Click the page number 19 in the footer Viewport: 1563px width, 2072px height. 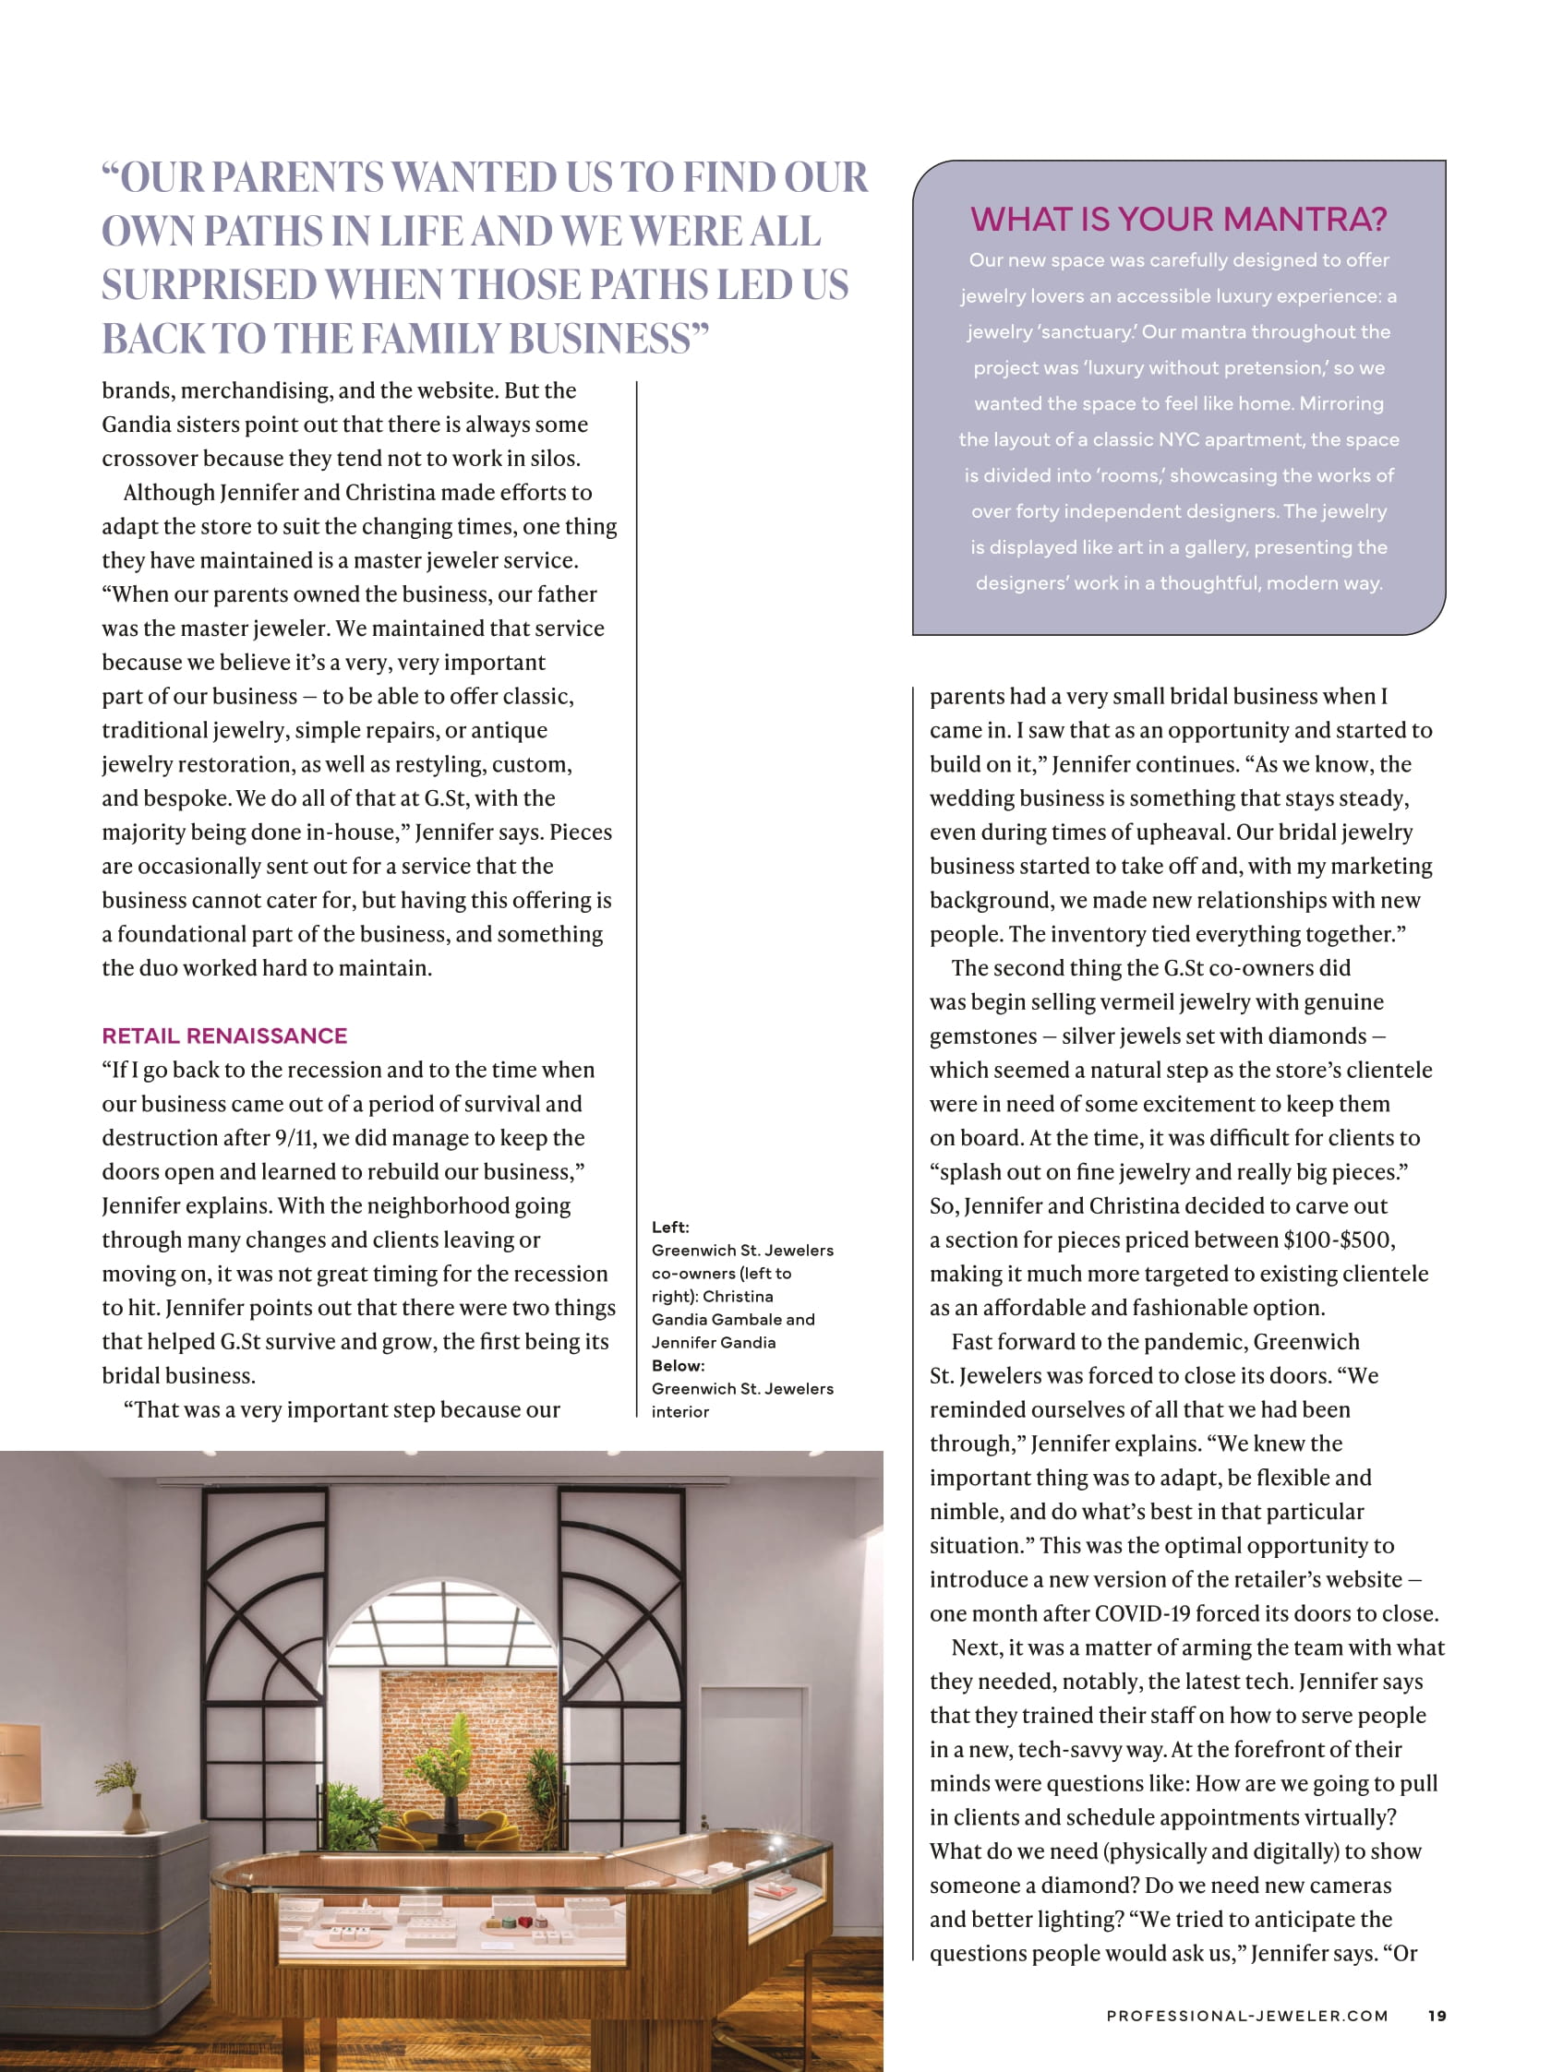1437,2015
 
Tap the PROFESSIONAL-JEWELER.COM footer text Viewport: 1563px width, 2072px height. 1246,2015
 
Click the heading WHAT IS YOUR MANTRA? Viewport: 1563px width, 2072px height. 1178,219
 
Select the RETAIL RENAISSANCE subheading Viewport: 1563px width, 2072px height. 224,1035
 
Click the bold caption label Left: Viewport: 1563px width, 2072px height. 670,1228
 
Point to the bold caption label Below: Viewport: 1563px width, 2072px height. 678,1366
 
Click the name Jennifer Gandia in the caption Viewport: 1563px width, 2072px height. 713,1342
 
